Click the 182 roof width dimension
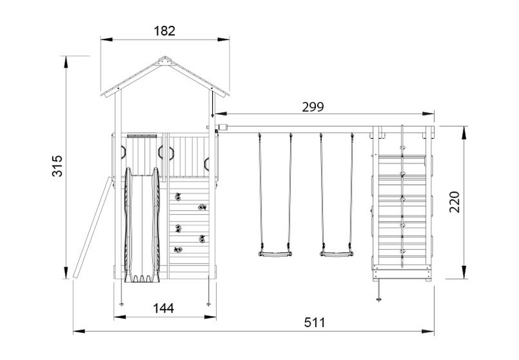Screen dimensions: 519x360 (165, 30)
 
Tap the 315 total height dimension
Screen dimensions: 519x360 (57, 165)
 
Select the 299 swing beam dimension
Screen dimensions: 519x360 (313, 107)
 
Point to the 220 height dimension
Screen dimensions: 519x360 (455, 202)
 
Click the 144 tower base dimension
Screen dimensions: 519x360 (163, 308)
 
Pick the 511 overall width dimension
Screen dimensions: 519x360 (315, 322)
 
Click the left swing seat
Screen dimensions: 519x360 (275, 254)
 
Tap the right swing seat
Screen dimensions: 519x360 (336, 254)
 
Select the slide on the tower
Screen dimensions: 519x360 (142, 225)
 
